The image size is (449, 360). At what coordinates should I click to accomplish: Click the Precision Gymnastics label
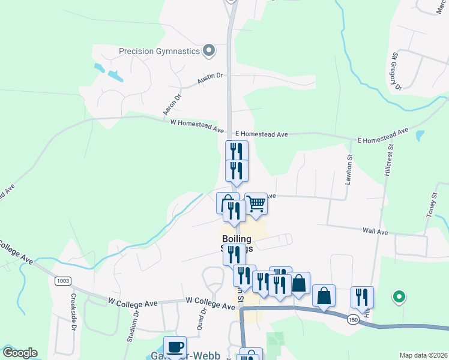pyautogui.click(x=159, y=51)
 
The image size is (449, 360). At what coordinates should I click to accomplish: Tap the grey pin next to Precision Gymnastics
pyautogui.click(x=209, y=50)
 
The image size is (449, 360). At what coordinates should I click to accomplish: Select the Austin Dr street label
pyautogui.click(x=211, y=77)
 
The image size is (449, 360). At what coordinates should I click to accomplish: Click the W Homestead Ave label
pyautogui.click(x=197, y=127)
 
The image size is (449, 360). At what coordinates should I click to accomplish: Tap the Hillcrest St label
pyautogui.click(x=388, y=158)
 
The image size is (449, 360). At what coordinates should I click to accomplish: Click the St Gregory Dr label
pyautogui.click(x=396, y=71)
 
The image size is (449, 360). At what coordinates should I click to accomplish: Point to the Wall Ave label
pyautogui.click(x=375, y=231)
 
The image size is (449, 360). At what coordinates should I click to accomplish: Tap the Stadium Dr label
pyautogui.click(x=133, y=325)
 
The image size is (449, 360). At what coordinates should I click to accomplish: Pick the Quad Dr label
pyautogui.click(x=202, y=319)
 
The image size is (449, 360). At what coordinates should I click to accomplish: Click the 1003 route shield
pyautogui.click(x=62, y=281)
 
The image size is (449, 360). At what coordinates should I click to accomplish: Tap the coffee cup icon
pyautogui.click(x=175, y=347)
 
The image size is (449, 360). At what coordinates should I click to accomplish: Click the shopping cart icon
pyautogui.click(x=256, y=204)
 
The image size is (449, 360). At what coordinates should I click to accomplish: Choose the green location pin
pyautogui.click(x=397, y=296)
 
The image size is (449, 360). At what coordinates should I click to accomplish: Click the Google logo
pyautogui.click(x=19, y=353)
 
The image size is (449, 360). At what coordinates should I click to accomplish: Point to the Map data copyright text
pyautogui.click(x=423, y=355)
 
